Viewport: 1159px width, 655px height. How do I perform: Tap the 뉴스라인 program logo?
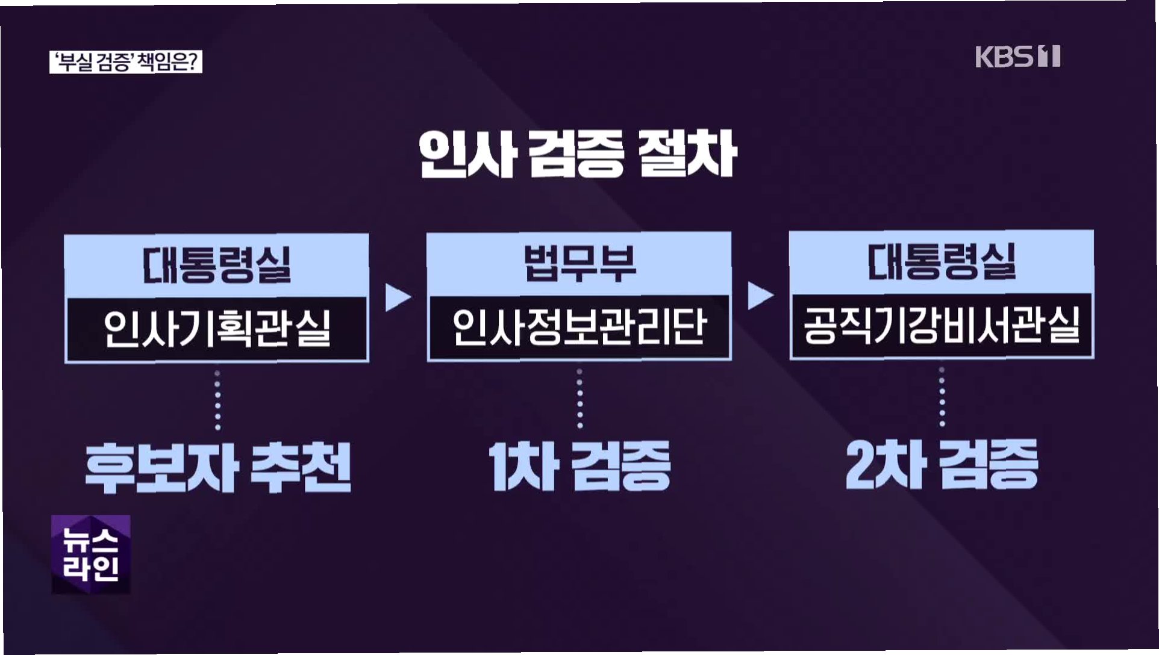coord(91,554)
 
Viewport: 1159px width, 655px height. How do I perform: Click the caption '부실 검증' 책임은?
coord(125,63)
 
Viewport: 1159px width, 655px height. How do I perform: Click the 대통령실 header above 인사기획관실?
coord(217,264)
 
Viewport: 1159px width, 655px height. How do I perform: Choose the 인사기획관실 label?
coord(217,329)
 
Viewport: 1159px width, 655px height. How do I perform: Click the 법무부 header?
coord(579,263)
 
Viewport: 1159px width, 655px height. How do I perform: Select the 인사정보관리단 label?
coord(579,327)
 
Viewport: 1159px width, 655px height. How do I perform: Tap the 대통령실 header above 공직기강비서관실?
coord(942,262)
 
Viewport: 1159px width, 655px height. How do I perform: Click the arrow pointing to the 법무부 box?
coord(398,297)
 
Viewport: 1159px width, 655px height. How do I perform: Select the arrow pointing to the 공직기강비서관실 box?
coord(760,296)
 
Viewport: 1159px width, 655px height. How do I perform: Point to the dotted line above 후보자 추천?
coord(217,400)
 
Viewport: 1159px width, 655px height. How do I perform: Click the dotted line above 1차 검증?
coord(579,399)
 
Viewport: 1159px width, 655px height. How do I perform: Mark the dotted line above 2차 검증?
coord(942,397)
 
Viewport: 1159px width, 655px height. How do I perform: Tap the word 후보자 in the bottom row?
coord(161,468)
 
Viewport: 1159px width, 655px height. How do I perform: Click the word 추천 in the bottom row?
coord(301,468)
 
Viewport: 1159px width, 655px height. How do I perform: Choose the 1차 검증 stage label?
coord(579,466)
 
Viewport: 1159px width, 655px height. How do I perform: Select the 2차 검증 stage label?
coord(942,464)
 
